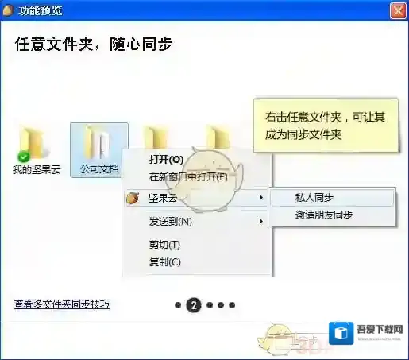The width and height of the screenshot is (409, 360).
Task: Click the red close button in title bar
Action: (x=398, y=11)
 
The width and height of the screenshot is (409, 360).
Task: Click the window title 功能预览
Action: (x=40, y=11)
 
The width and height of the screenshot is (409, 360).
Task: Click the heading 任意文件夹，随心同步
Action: (x=94, y=44)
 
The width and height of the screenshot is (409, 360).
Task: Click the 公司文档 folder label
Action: (x=99, y=169)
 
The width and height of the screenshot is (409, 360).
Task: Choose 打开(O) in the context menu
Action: (x=166, y=160)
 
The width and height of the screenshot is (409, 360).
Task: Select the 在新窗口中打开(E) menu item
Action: (x=188, y=176)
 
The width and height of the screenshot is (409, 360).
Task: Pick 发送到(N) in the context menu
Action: (x=171, y=221)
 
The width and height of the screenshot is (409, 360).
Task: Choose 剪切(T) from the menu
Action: (x=164, y=244)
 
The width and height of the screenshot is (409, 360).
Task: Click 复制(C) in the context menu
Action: (x=165, y=261)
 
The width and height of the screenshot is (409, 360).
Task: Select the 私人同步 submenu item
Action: (x=314, y=198)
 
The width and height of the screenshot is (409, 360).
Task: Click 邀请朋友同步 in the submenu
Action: (x=324, y=215)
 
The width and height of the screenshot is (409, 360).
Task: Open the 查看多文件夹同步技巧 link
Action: (x=61, y=304)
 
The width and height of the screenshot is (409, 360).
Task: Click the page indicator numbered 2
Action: (x=193, y=304)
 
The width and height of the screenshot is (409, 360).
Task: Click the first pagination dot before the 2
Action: (x=178, y=304)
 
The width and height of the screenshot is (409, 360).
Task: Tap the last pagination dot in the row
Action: (x=232, y=304)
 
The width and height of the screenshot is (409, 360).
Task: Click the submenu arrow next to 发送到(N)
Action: (x=261, y=221)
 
